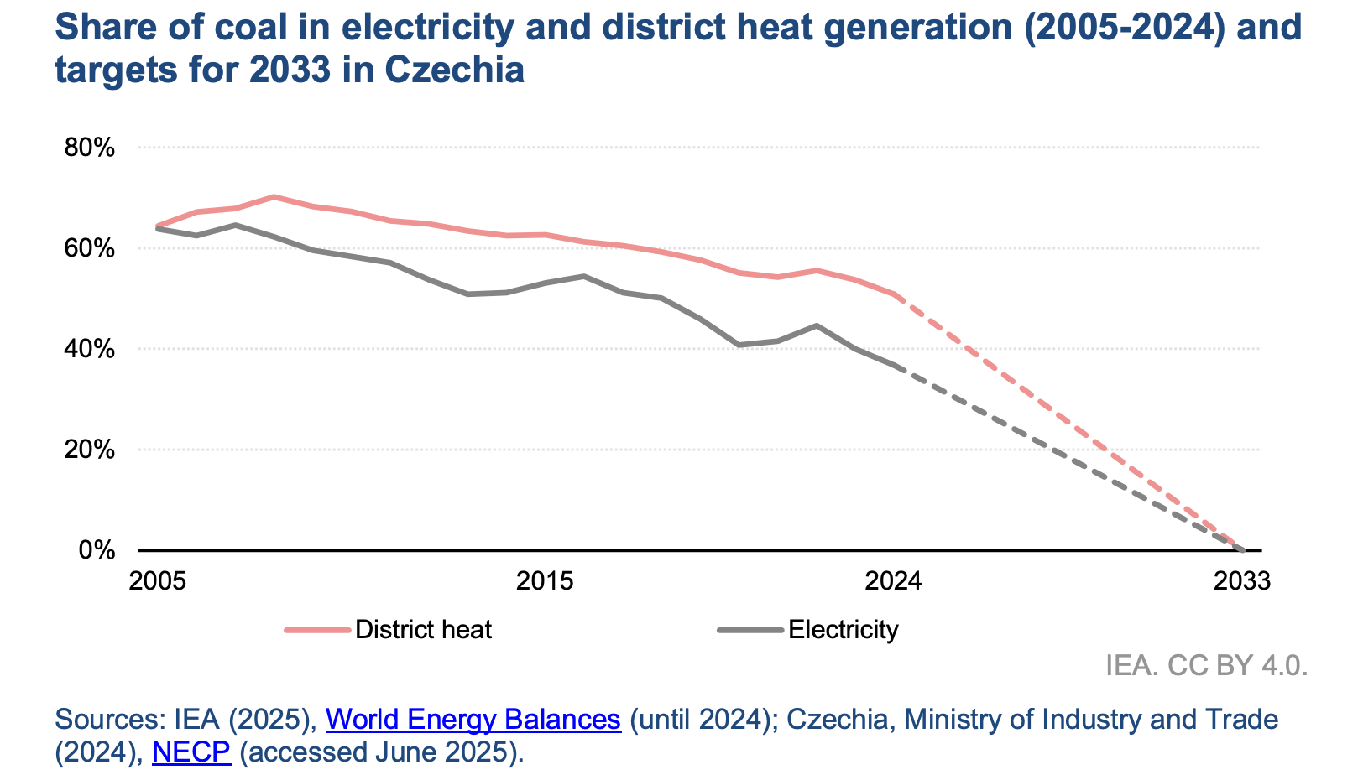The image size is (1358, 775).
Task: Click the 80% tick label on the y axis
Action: pos(89,148)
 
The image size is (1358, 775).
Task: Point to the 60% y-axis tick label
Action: pos(89,249)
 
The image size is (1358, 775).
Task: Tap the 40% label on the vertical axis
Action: pos(89,349)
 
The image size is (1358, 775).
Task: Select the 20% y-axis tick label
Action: pos(89,450)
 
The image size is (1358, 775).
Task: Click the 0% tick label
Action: pos(97,550)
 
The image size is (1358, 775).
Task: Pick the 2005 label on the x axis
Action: pos(157,581)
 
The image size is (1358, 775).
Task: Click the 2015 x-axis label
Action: pos(545,581)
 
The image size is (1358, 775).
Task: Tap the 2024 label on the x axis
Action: pos(894,581)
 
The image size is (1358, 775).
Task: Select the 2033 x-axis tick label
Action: pos(1243,581)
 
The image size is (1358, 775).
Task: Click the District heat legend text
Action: pos(423,630)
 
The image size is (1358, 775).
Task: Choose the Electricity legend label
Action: pos(843,630)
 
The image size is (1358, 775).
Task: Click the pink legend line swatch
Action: pos(316,630)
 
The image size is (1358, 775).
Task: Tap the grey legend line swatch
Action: pos(750,630)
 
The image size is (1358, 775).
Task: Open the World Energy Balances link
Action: pos(473,720)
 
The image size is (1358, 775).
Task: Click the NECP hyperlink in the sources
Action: pos(191,752)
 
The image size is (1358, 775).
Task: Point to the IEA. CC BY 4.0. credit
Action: pos(1206,666)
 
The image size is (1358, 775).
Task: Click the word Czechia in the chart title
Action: pos(454,70)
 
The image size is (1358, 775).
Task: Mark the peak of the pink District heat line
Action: pos(274,196)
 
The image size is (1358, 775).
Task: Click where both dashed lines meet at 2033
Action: pos(1243,550)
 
